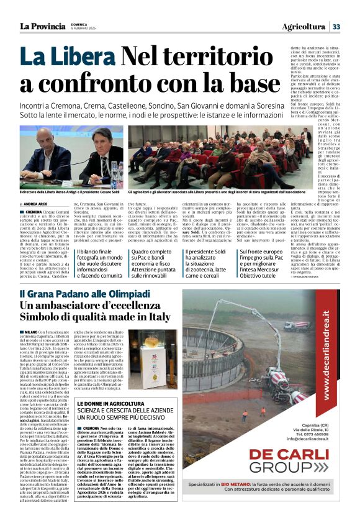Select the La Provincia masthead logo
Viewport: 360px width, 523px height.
(42, 26)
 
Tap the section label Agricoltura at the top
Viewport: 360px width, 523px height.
(304, 27)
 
